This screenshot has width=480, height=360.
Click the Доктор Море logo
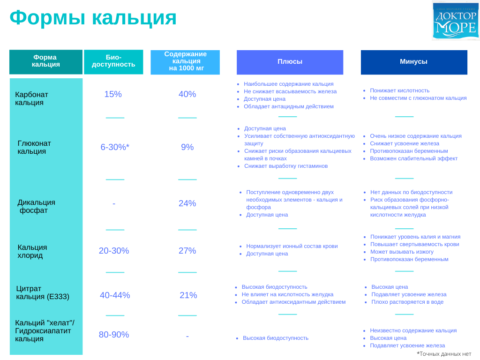pos(456,21)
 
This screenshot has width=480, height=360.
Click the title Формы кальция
pos(93,17)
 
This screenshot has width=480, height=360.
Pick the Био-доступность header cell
pos(113,62)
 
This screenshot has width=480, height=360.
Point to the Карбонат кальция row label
pos(31,98)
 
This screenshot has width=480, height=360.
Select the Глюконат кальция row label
pos(34,147)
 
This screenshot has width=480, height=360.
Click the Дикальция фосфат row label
pos(36,206)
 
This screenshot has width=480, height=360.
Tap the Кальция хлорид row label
pos(32,251)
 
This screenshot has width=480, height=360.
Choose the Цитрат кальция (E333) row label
pos(43,292)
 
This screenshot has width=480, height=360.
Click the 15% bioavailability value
pos(113,94)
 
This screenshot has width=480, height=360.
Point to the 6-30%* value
pos(115,147)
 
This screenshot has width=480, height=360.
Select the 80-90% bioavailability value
pos(114,335)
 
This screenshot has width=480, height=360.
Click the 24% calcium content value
pos(187,203)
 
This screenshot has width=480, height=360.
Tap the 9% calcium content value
pos(187,147)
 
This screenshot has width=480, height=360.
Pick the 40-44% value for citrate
pos(115,295)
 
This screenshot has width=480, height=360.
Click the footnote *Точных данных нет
pos(444,354)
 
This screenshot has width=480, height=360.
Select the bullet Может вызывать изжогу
pos(402,252)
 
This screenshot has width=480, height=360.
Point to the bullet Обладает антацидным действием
pos(289,106)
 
